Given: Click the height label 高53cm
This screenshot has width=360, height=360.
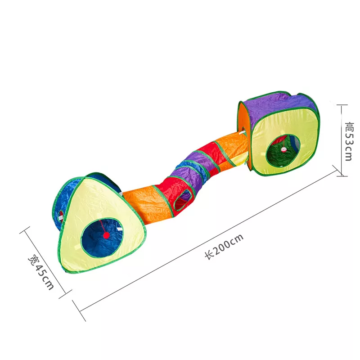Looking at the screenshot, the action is pos(349,141).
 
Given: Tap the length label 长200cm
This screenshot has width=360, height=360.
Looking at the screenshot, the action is pos(224,247).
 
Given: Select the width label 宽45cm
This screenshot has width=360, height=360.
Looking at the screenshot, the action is pos(41,272).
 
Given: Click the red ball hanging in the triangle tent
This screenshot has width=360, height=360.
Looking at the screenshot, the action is pos(106,235).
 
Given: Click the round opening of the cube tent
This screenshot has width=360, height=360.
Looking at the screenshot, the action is pos(283,151).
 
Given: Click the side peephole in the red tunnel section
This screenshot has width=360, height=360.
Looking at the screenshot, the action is pos(183,200).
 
